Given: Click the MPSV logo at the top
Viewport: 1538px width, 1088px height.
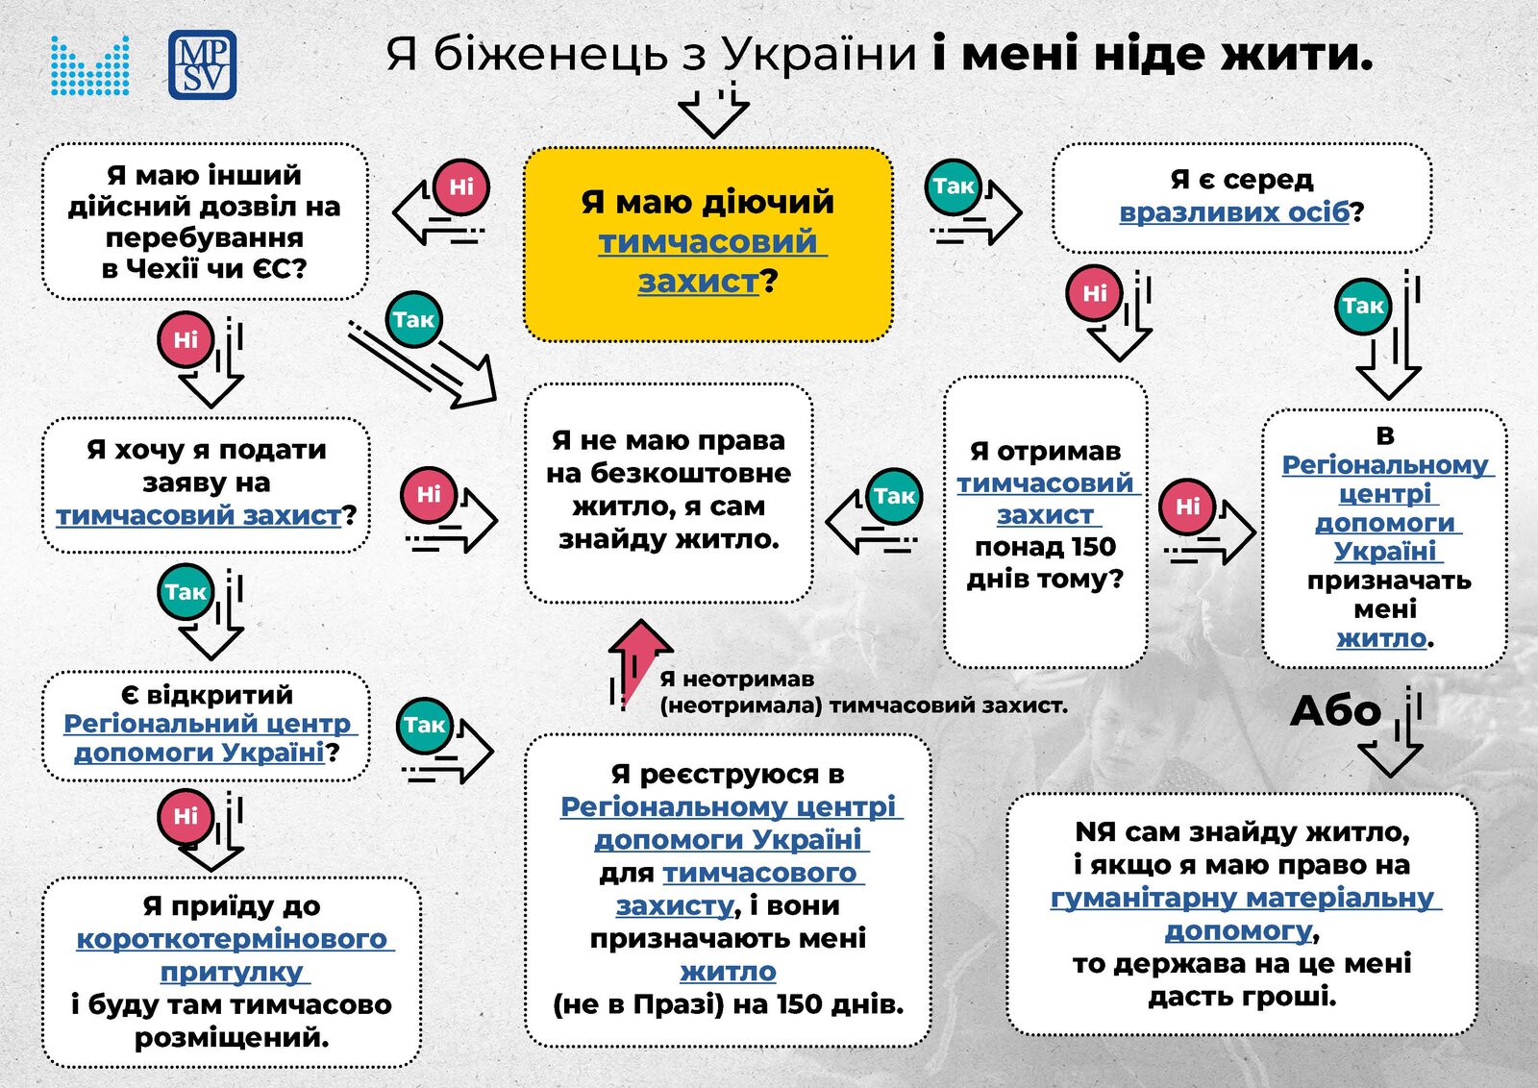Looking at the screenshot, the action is click(x=203, y=64).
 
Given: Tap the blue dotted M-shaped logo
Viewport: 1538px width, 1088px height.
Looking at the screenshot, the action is click(x=90, y=65).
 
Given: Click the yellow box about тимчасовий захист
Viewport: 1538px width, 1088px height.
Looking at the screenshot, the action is click(x=707, y=244).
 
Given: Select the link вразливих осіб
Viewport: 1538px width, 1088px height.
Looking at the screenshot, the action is click(x=1234, y=212).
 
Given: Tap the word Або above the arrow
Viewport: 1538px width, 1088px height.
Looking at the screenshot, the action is click(x=1335, y=711).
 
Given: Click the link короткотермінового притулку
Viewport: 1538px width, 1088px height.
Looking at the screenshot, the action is click(x=233, y=954).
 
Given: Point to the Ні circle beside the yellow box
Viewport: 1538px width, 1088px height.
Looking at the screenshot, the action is click(x=461, y=187).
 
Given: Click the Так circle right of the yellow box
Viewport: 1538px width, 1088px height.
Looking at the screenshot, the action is click(x=953, y=185).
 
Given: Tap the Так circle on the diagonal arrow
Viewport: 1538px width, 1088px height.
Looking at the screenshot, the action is click(x=413, y=319).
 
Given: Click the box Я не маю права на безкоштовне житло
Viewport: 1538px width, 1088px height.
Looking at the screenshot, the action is click(x=669, y=494).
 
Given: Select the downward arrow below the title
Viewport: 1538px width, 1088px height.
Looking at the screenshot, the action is click(x=713, y=109).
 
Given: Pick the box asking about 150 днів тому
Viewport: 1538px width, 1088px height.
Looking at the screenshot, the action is click(x=1045, y=522).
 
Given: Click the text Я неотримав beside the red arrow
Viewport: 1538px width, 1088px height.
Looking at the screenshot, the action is click(x=736, y=679).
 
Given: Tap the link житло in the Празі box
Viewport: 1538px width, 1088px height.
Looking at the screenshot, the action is click(x=728, y=972).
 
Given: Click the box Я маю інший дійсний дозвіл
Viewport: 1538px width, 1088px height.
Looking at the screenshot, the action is click(x=205, y=222).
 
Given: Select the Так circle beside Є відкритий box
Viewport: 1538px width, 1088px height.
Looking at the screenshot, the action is click(x=424, y=725).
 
